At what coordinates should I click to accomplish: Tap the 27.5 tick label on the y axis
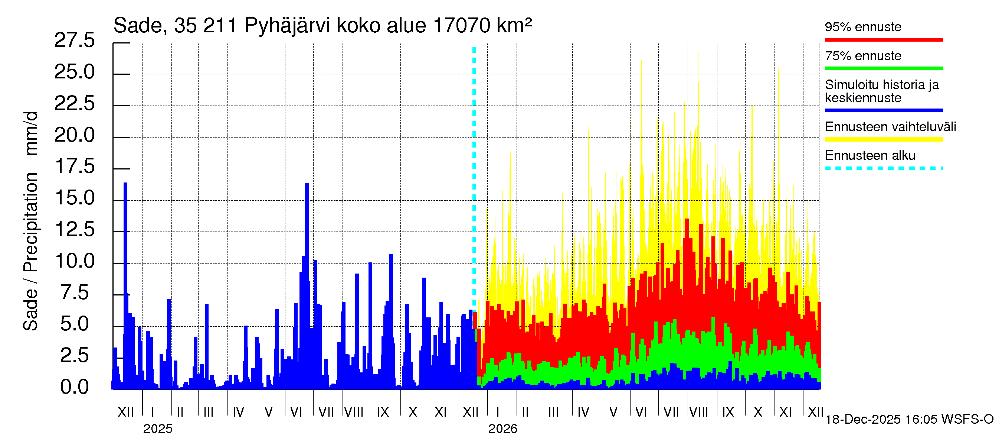click(74, 40)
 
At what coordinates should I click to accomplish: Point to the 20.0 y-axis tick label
click(74, 135)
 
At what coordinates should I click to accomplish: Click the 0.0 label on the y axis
click(74, 387)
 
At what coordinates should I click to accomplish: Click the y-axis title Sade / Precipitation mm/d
click(30, 221)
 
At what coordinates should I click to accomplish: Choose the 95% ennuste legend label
click(863, 27)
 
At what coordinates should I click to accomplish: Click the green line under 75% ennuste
click(883, 68)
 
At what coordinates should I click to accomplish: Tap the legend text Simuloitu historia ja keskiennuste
click(881, 91)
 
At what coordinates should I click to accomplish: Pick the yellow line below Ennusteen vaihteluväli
click(883, 139)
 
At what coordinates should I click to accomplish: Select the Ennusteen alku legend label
click(870, 155)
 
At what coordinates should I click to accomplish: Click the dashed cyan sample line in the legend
click(883, 169)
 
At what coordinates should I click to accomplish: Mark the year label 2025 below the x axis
click(157, 429)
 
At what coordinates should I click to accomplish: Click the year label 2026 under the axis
click(502, 429)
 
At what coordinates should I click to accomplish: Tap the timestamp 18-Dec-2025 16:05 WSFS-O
click(909, 420)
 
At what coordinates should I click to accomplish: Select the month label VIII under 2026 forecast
click(698, 412)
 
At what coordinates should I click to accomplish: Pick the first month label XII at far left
click(125, 412)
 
